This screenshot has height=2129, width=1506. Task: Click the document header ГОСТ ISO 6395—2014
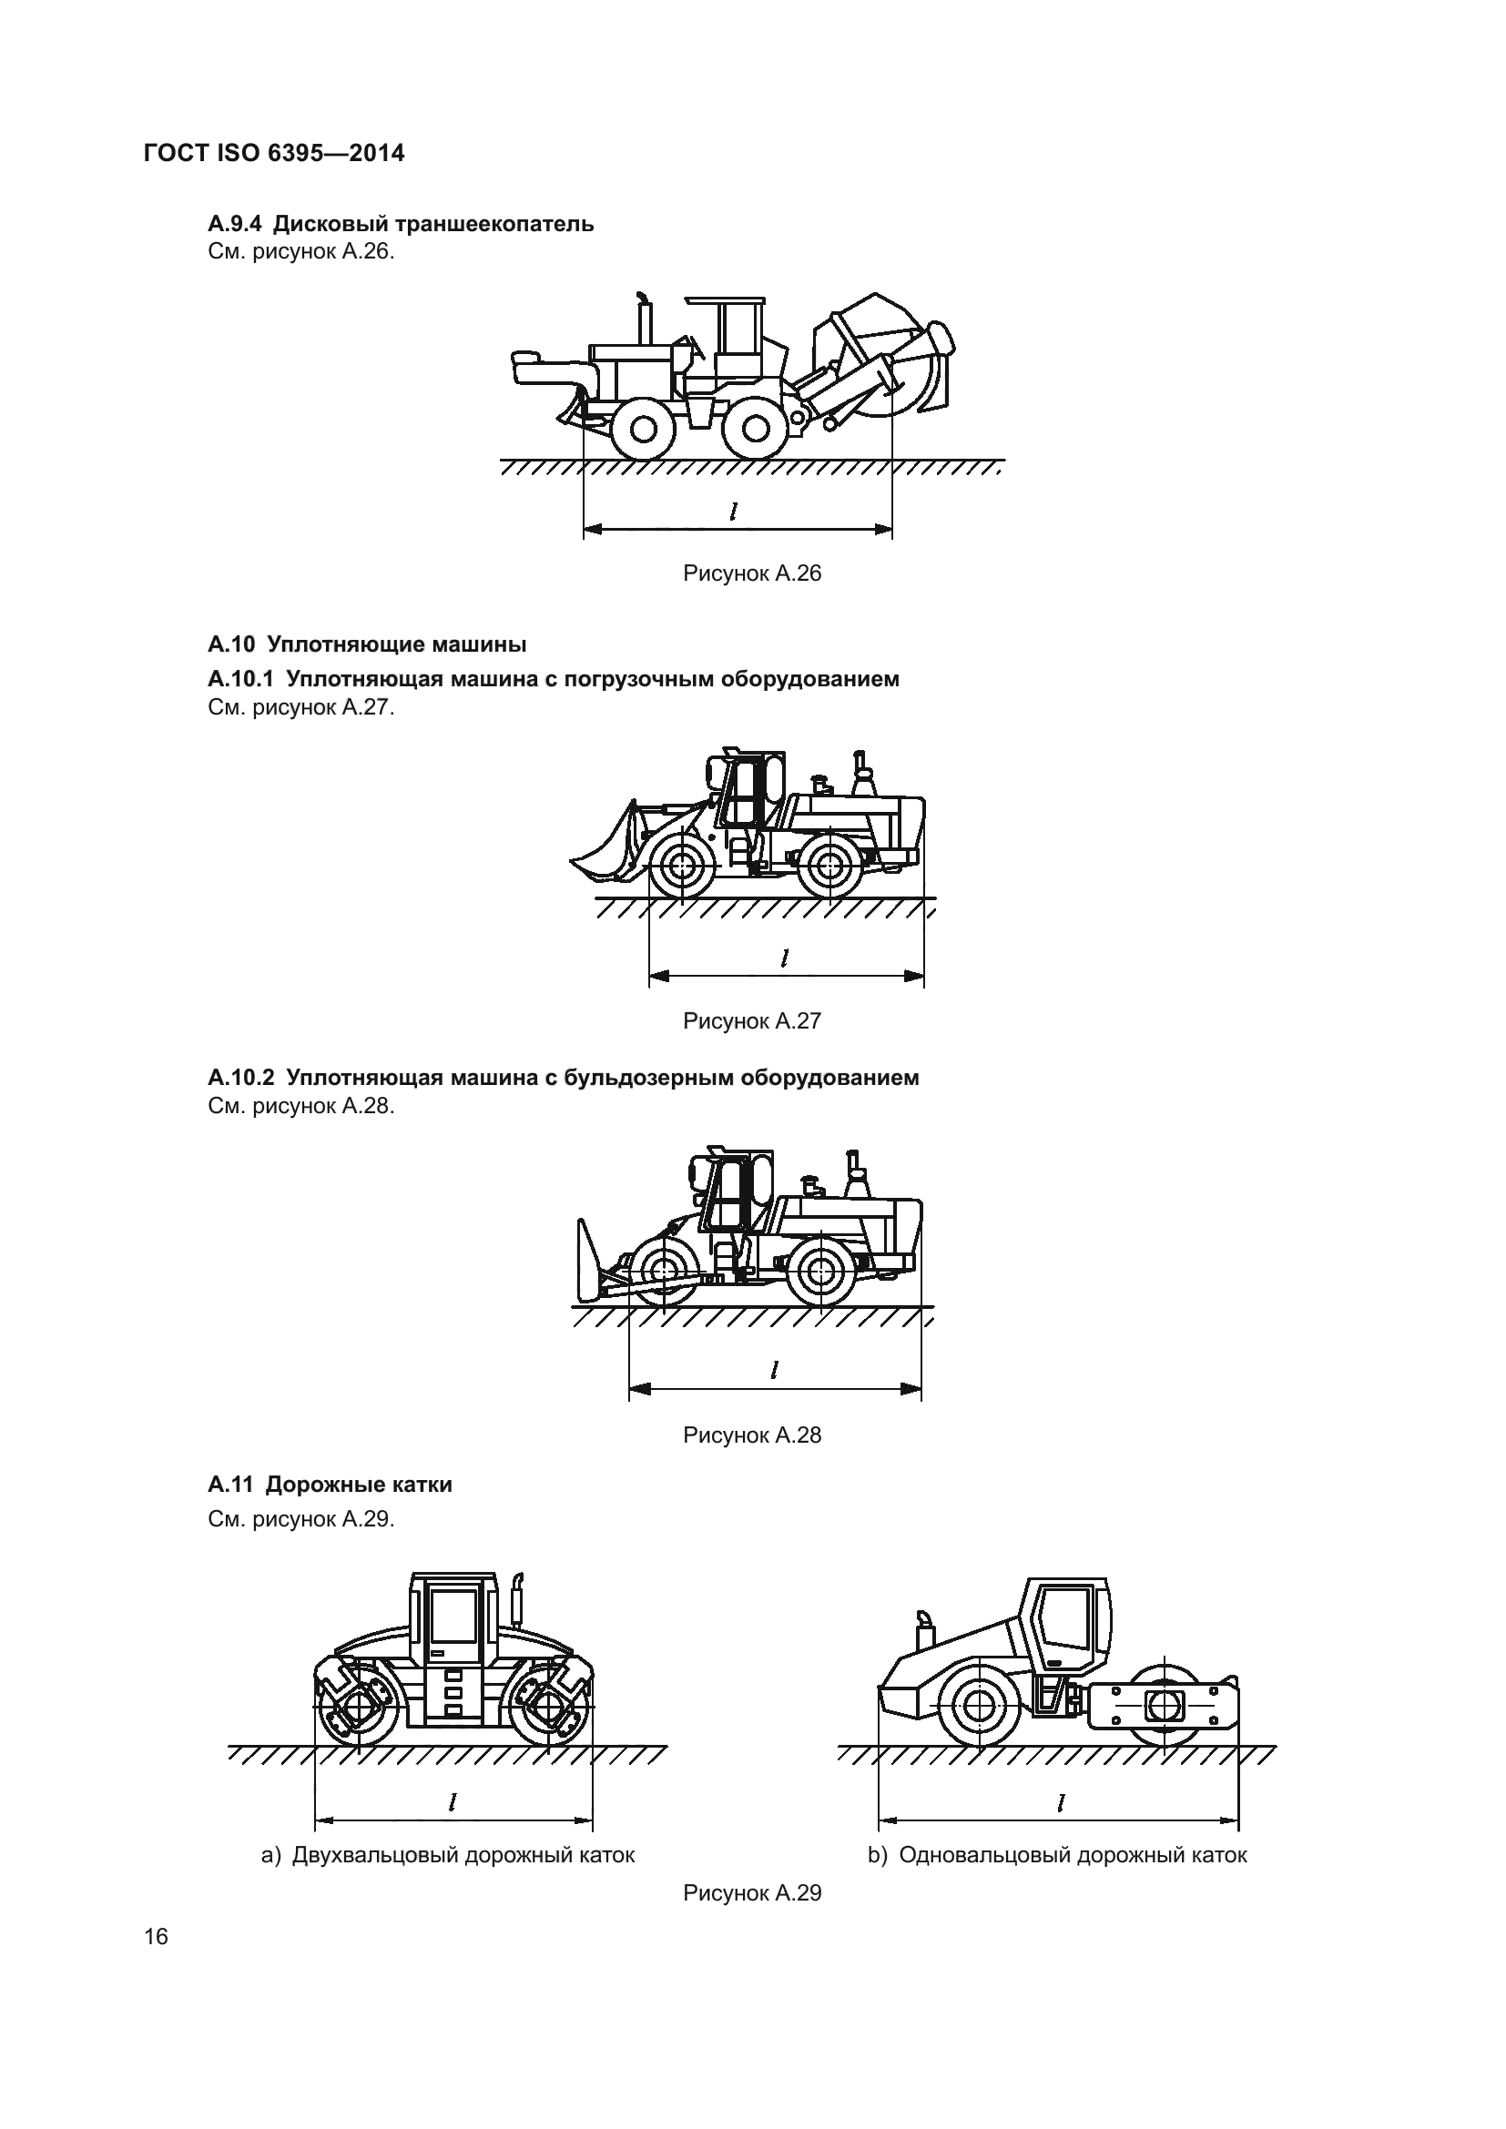(x=274, y=153)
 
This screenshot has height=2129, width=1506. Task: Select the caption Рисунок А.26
(x=752, y=573)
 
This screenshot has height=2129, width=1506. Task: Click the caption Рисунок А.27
(x=752, y=1021)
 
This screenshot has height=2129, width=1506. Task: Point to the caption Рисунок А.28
(x=752, y=1435)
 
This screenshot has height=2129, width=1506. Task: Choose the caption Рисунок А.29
(x=752, y=1892)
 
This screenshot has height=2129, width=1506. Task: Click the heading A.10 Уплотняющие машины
(x=367, y=644)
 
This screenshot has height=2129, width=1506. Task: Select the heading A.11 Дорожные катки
(x=331, y=1485)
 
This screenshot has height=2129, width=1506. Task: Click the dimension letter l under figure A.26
(x=734, y=511)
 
